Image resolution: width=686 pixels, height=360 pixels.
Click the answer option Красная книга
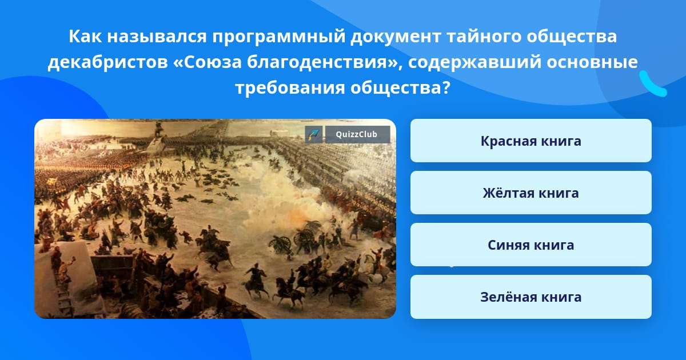pos(531,141)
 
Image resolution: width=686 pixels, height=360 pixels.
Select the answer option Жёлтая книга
pos(531,193)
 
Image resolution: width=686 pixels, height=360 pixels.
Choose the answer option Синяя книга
pos(531,245)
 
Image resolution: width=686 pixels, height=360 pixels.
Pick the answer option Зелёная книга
pos(531,297)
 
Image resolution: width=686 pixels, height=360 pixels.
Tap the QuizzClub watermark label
pos(357,134)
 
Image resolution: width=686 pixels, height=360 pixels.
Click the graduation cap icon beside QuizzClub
pos(314,134)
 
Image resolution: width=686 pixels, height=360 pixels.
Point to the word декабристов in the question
pos(108,62)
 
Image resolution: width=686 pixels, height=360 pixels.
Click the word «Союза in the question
pos(208,62)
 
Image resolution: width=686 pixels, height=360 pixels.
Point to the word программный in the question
pos(279,37)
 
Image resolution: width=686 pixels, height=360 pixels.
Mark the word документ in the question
pos(396,37)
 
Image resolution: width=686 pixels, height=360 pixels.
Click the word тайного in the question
pos(484,37)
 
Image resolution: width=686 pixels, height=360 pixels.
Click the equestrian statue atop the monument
pos(158,130)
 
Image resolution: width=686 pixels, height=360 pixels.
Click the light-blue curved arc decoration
pos(652,85)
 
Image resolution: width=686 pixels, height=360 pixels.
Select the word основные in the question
pos(592,62)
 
